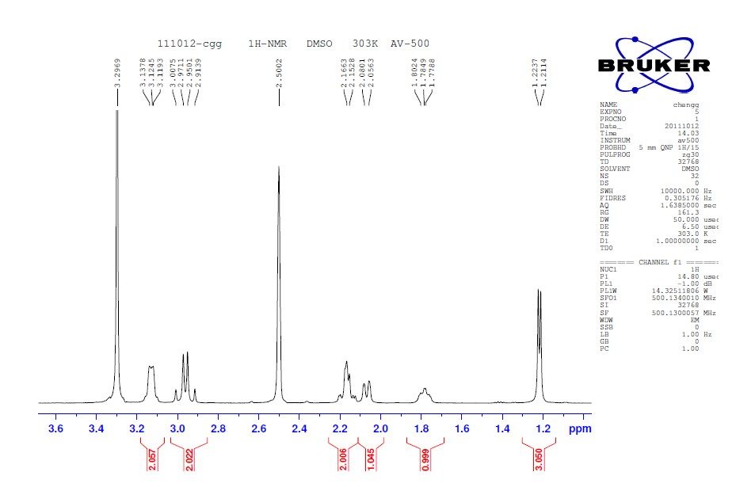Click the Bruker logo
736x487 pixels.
click(x=654, y=63)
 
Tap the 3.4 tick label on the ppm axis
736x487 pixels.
click(x=96, y=428)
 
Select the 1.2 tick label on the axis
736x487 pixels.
click(x=543, y=428)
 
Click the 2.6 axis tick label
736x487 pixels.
click(x=258, y=428)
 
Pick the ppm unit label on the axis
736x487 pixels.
click(x=580, y=428)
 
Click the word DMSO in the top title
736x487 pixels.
click(x=322, y=44)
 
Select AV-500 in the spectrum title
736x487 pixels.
click(x=410, y=44)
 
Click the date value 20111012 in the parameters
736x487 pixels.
click(x=682, y=126)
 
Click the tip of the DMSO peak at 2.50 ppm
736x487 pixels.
click(x=279, y=167)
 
